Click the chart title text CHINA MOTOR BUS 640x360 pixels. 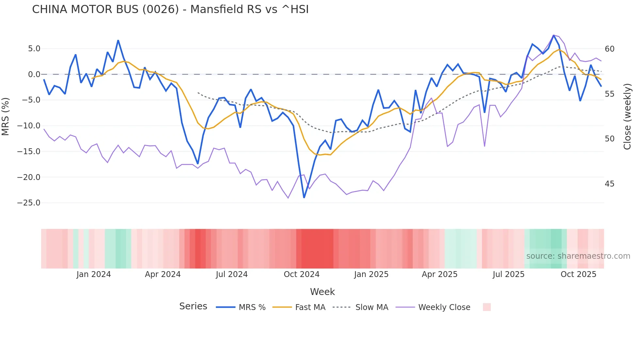pos(170,9)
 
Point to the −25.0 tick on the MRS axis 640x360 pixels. pos(29,203)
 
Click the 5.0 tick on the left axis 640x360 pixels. pos(34,49)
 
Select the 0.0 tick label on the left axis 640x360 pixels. pos(34,74)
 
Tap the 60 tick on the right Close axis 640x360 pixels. pos(609,49)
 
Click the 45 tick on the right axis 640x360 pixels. pos(609,184)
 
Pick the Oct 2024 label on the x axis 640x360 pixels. pos(301,274)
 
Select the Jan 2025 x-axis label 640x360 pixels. pos(371,274)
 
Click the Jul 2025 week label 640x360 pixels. pos(508,274)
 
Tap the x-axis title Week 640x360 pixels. pos(322,292)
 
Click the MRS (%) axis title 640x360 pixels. pos(5,116)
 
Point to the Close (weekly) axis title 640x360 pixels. pos(627,116)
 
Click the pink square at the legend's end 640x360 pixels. pos(487,307)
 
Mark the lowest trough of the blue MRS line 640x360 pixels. pos(304,197)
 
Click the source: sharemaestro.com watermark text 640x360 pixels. pos(578,256)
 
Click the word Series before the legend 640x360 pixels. pos(193,306)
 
